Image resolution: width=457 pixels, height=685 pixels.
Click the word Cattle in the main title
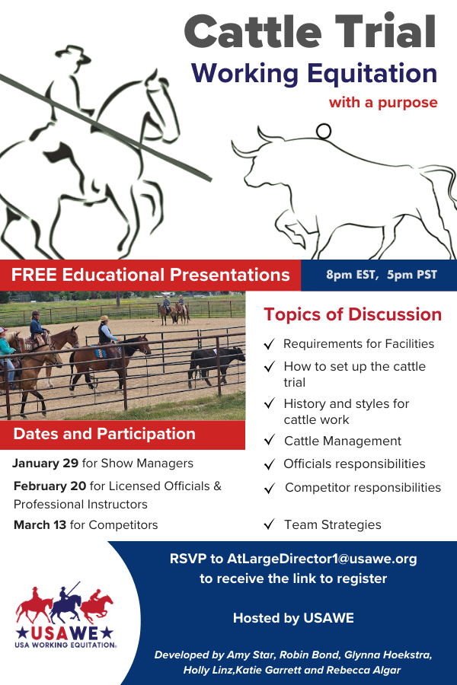(253, 32)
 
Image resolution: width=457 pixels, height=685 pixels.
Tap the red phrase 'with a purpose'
(383, 103)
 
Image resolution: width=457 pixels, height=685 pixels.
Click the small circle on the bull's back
(324, 131)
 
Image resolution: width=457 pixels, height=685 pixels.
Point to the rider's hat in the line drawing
(73, 55)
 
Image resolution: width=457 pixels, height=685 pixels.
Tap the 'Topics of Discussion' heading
(353, 314)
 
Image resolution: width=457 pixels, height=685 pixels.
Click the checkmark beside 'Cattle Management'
(270, 440)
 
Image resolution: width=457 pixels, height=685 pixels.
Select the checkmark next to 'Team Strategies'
(270, 524)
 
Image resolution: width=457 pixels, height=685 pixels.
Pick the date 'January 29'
(45, 463)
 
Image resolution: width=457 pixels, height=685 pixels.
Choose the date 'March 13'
(40, 524)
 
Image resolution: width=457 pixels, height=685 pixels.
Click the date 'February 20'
(50, 486)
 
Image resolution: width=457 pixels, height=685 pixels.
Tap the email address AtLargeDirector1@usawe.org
(322, 559)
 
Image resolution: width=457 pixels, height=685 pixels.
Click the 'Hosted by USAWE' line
(293, 618)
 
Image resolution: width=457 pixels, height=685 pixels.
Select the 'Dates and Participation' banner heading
(104, 434)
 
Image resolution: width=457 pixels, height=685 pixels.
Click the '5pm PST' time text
(412, 275)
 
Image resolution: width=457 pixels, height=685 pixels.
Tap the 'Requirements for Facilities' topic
(359, 344)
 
